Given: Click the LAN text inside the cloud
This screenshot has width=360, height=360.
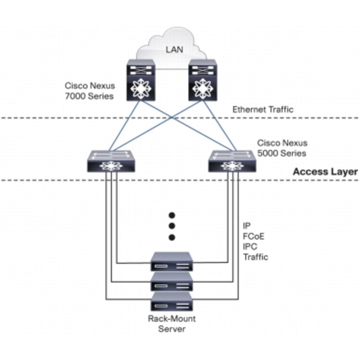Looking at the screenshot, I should (x=174, y=49).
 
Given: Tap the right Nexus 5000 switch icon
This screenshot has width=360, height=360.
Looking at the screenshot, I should (x=232, y=161).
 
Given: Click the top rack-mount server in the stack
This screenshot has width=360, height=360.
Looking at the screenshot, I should (x=172, y=262).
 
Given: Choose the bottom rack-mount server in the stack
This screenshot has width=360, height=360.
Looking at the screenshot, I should (x=172, y=302).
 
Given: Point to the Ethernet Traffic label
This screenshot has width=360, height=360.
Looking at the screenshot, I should (x=263, y=109).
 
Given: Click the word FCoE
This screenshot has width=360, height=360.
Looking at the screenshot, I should (x=254, y=236).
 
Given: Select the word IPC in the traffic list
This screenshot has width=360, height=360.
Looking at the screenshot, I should (x=250, y=247).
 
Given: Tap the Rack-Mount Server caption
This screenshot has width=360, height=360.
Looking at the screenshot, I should (x=172, y=323).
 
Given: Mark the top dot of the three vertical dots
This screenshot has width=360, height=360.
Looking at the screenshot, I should (x=172, y=215).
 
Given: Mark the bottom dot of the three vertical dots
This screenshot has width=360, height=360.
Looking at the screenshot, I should (x=172, y=238).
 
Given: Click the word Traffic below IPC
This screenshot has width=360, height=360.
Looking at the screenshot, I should (x=256, y=257).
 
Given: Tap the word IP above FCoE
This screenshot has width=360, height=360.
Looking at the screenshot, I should (x=247, y=226).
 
